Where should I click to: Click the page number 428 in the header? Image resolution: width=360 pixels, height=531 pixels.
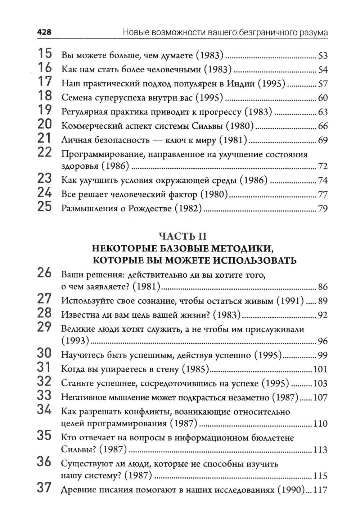[44, 32]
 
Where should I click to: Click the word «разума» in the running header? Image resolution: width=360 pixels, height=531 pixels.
[314, 32]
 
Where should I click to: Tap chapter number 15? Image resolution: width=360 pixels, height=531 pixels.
[45, 54]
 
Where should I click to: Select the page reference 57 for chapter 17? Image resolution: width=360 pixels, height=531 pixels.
[323, 84]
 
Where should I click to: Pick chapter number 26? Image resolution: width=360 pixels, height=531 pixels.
[45, 273]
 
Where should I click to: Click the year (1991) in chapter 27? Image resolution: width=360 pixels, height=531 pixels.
[290, 301]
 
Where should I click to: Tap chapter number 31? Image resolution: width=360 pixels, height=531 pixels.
[45, 367]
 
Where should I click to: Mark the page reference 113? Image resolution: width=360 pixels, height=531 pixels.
[320, 450]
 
